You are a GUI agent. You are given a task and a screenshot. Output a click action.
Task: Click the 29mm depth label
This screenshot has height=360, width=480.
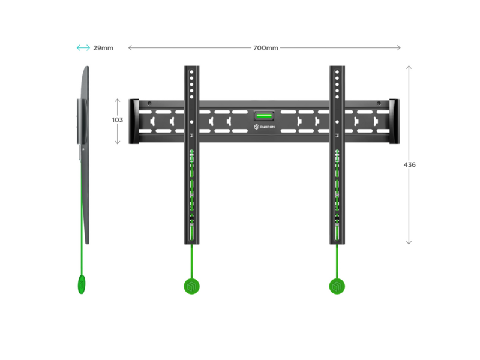[x=103, y=48]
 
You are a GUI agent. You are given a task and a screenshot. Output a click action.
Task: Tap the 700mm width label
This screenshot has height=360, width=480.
[x=265, y=48]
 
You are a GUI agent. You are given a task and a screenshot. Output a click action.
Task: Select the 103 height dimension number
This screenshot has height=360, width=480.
[x=118, y=120]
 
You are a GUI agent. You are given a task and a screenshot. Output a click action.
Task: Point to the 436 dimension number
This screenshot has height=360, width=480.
[x=410, y=164]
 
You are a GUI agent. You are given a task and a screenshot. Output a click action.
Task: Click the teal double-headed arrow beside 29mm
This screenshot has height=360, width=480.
[x=83, y=48]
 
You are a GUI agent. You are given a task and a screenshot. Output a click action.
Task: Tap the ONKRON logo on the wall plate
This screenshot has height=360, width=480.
[x=264, y=127]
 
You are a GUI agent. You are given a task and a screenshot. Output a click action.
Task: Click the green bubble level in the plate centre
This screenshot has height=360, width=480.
[x=264, y=116]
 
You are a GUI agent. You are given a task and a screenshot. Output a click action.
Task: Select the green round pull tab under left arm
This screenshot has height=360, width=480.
[x=191, y=287]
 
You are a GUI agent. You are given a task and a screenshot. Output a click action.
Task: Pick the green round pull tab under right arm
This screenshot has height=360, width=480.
[x=337, y=287]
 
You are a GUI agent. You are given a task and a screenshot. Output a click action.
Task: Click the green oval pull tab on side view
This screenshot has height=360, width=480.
[x=82, y=284]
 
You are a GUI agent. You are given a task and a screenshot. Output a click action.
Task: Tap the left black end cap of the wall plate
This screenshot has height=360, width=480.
[x=134, y=121]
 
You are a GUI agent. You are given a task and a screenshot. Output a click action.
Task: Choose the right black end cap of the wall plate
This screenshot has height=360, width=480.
[x=394, y=121]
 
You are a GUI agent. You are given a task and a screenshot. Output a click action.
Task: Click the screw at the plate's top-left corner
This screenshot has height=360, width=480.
[x=149, y=103]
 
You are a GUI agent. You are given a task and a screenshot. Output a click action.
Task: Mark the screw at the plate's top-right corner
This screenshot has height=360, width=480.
[x=379, y=103]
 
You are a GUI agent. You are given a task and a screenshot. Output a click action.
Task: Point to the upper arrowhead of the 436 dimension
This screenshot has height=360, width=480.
[x=409, y=67]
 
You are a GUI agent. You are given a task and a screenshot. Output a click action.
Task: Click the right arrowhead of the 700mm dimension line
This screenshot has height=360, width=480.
[x=398, y=48]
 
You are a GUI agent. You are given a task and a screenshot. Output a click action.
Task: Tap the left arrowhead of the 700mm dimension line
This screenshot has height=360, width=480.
[x=130, y=48]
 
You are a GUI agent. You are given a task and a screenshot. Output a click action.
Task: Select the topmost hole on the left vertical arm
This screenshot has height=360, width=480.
[x=191, y=72]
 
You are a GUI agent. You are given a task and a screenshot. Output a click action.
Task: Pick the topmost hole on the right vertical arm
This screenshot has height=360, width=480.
[x=337, y=72]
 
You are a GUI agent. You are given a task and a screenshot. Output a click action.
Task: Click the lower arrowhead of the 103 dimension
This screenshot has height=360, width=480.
[x=118, y=142]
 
